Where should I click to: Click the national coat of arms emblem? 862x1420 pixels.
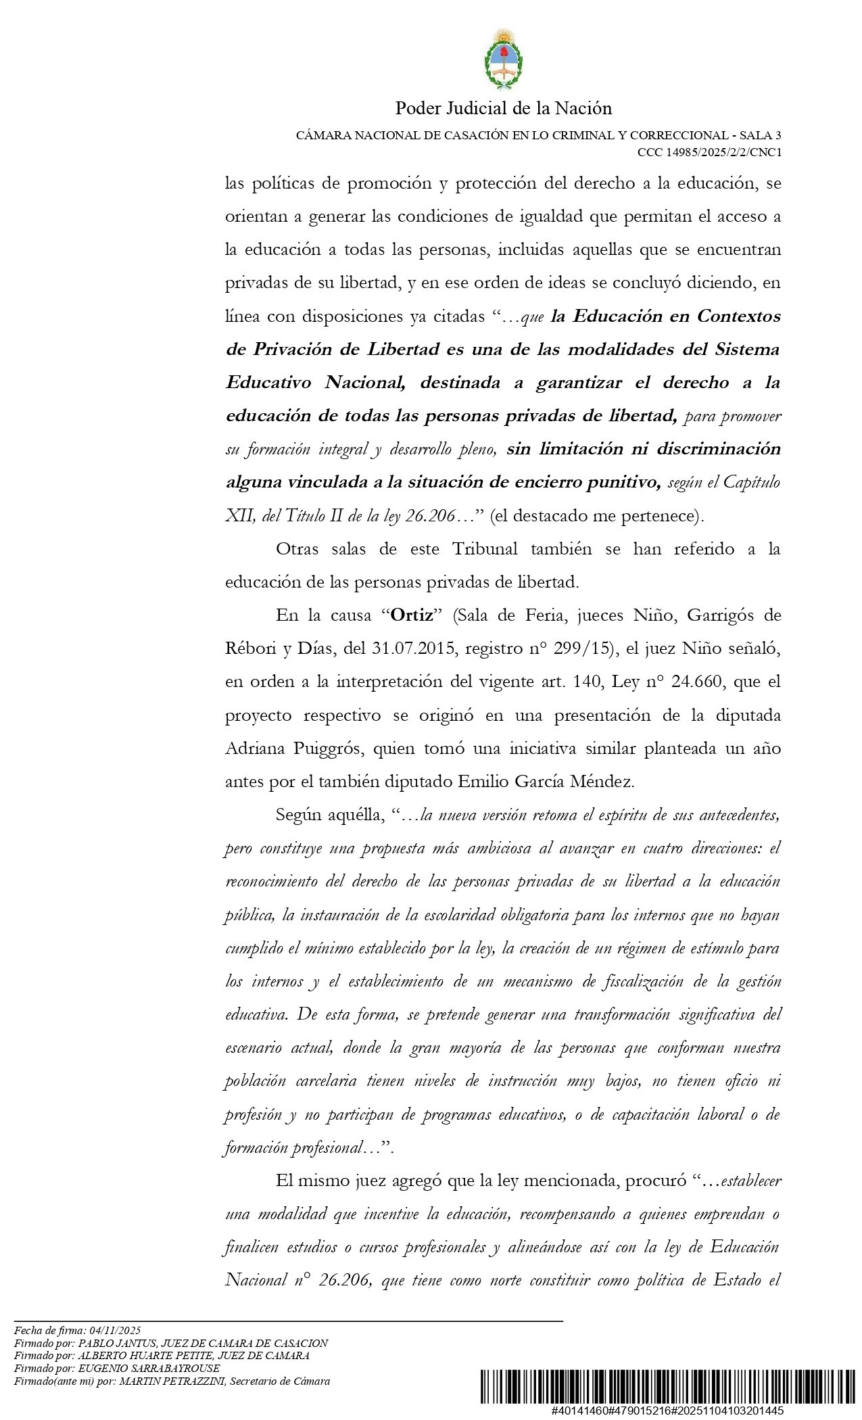click(x=503, y=60)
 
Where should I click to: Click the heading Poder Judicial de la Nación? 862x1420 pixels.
click(x=503, y=108)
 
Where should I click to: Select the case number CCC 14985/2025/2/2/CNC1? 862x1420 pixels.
click(x=709, y=152)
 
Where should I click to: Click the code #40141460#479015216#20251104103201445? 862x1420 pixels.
click(x=667, y=1411)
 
